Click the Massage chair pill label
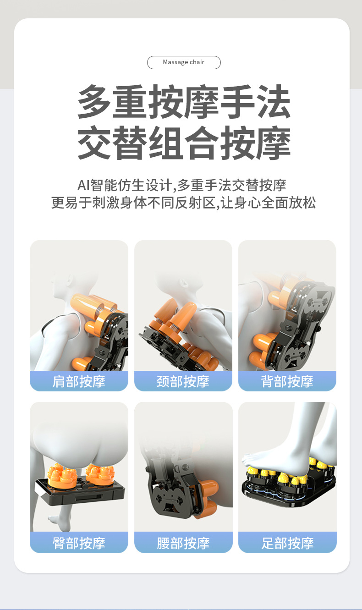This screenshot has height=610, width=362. pos(184,62)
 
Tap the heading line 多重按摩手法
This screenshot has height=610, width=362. pos(184,102)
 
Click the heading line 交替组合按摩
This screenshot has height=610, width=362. pos(184,143)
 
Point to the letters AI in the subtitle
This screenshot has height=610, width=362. pos(82,185)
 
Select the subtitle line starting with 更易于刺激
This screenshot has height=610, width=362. pos(183,203)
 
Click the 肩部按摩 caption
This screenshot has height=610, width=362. pos(79,381)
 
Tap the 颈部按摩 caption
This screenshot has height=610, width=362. pos(183,381)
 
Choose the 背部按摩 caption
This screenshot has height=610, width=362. pos(287,381)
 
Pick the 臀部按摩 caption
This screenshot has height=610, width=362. pos(79,543)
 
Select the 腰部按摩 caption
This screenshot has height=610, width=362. pos(183,543)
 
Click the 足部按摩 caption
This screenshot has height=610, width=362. pos(287,543)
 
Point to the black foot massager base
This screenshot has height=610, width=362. pos(289,495)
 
